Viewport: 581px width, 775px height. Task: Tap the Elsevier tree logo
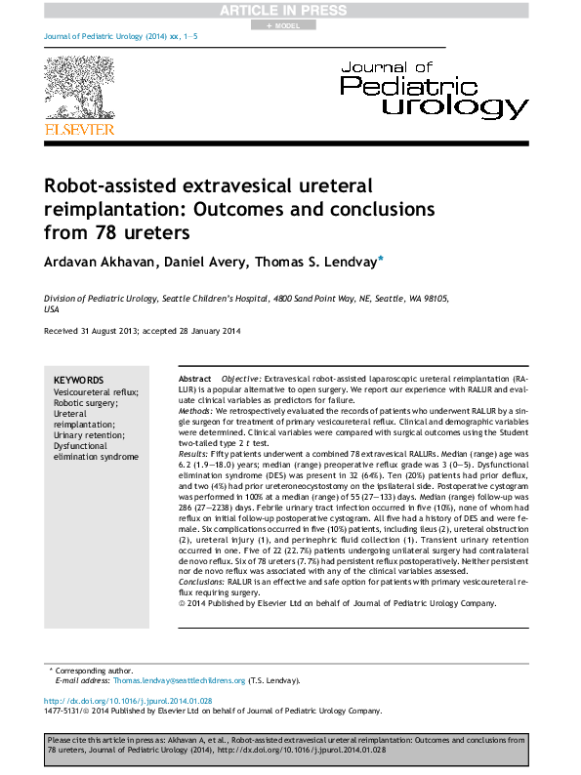[79, 88]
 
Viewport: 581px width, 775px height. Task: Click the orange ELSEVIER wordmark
[79, 129]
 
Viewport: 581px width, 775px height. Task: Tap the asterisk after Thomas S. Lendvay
[380, 259]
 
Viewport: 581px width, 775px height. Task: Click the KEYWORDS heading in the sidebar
[78, 380]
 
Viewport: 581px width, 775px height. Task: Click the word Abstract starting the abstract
[195, 378]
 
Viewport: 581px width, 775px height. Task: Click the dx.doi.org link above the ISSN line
[128, 702]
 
